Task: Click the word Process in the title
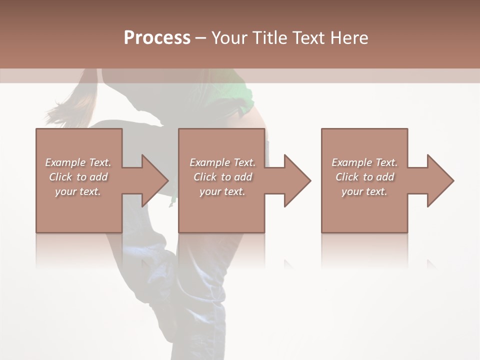(x=157, y=37)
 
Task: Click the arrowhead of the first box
(x=152, y=180)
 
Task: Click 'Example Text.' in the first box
(x=78, y=162)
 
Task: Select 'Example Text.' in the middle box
(x=222, y=162)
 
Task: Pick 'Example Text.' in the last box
(x=364, y=162)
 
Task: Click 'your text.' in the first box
(x=78, y=191)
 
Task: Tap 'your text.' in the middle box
(x=222, y=191)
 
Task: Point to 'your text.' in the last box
(x=364, y=191)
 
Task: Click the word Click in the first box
(x=60, y=177)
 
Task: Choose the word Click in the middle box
(x=205, y=177)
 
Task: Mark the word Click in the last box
(x=347, y=177)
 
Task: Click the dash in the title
(x=200, y=38)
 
